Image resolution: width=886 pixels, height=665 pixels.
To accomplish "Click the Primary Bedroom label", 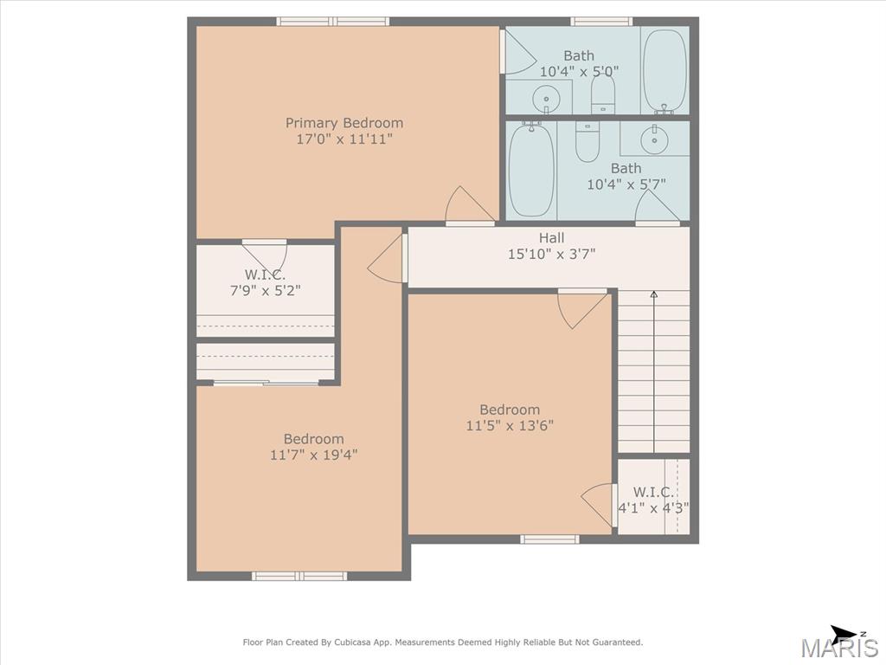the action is (x=344, y=123).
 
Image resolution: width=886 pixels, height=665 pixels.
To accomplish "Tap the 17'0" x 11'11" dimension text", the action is (x=344, y=139).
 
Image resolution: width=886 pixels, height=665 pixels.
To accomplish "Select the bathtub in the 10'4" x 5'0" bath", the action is (x=665, y=71).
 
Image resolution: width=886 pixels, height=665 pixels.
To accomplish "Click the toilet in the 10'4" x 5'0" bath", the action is (x=603, y=94).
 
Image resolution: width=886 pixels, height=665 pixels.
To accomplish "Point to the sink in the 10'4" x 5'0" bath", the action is (x=546, y=99).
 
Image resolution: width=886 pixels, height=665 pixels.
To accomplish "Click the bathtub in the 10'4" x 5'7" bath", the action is (x=531, y=169).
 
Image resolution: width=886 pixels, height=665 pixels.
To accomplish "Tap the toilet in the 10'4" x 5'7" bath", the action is (x=587, y=141).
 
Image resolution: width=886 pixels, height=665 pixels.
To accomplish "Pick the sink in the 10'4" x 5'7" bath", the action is (x=655, y=139).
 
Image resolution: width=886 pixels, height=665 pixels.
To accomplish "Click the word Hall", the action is (x=551, y=238).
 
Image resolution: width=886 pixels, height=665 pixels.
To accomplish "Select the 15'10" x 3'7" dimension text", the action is (x=551, y=255).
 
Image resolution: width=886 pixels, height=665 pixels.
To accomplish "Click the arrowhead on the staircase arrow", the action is (x=654, y=294).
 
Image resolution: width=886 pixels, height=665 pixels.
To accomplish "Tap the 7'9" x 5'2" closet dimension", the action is (x=265, y=291).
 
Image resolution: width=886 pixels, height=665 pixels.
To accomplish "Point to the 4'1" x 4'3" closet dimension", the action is (x=653, y=507).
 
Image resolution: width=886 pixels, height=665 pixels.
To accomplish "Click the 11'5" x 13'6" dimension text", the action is (x=510, y=425).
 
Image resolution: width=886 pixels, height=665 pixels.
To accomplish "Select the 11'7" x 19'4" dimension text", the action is (x=313, y=455).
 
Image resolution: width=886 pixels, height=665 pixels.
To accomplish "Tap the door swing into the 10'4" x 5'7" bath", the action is (x=656, y=206).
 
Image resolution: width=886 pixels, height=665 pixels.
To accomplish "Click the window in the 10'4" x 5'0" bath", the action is (x=601, y=22).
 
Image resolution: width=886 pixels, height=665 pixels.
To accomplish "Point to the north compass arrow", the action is (x=843, y=634).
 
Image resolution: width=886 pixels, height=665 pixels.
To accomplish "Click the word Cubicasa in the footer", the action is (x=353, y=642).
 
